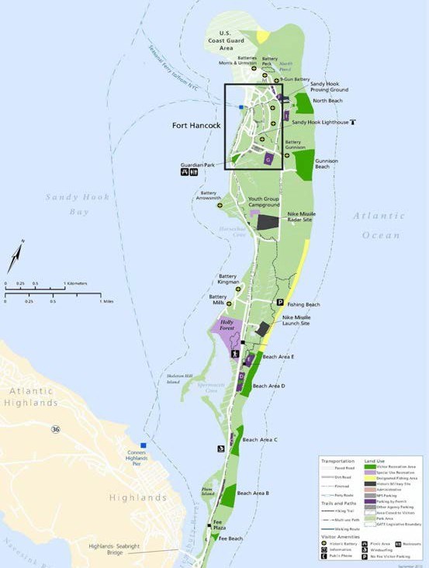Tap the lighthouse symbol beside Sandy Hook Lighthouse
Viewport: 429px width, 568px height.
click(x=353, y=122)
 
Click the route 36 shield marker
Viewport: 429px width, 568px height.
click(x=55, y=429)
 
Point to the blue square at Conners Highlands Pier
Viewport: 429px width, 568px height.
click(x=143, y=445)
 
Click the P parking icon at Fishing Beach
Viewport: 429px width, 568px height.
click(x=280, y=303)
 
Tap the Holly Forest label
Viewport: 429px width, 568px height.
click(x=227, y=325)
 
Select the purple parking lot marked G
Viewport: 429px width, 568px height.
click(x=269, y=159)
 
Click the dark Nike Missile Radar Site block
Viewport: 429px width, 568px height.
click(x=268, y=222)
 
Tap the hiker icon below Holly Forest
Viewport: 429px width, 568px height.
click(x=235, y=355)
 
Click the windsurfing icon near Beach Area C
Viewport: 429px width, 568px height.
click(x=221, y=449)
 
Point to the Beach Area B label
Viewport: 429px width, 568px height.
click(x=253, y=494)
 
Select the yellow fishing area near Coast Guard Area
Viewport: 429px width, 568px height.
click(x=263, y=36)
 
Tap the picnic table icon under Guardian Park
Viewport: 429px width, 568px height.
click(x=184, y=172)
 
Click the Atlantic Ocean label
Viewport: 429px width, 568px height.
click(x=379, y=225)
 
